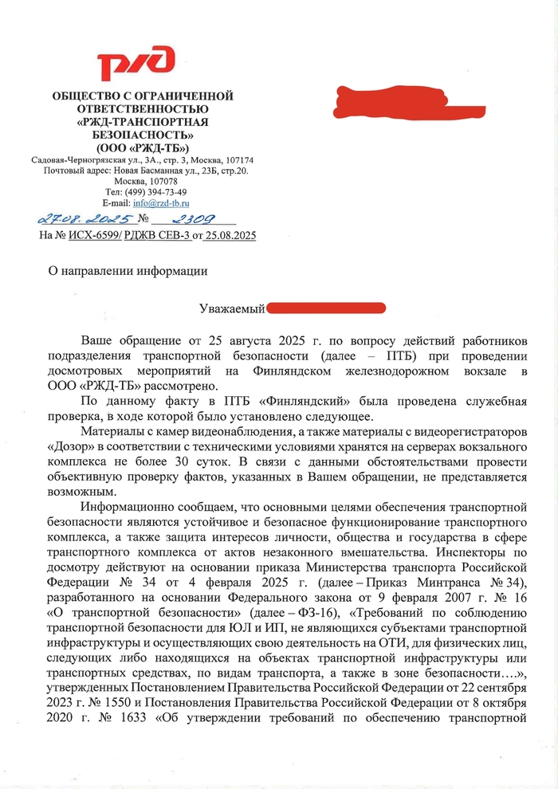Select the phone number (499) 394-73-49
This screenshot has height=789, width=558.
click(154, 192)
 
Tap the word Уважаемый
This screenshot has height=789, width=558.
click(230, 308)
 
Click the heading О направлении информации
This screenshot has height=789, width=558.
click(128, 271)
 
